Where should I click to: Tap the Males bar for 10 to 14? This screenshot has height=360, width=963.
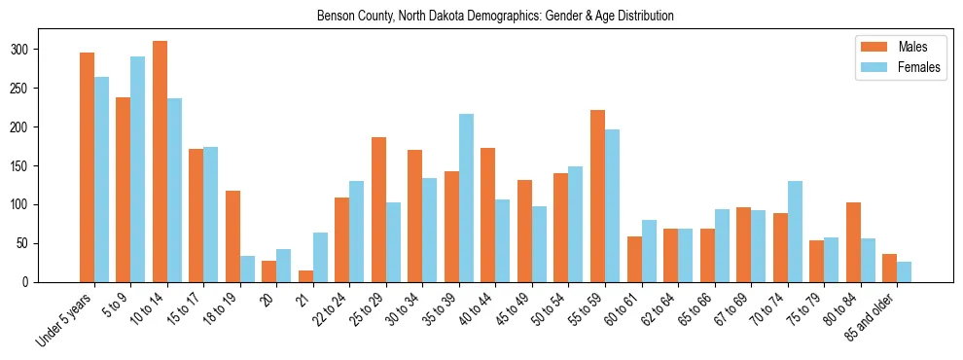(160, 162)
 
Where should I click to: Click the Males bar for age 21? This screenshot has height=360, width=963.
(305, 276)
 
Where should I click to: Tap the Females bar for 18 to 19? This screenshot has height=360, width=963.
(247, 269)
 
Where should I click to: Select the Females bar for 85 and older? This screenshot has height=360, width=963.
(904, 271)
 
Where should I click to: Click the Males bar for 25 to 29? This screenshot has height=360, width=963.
(378, 209)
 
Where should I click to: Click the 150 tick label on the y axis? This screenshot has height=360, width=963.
(28, 166)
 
